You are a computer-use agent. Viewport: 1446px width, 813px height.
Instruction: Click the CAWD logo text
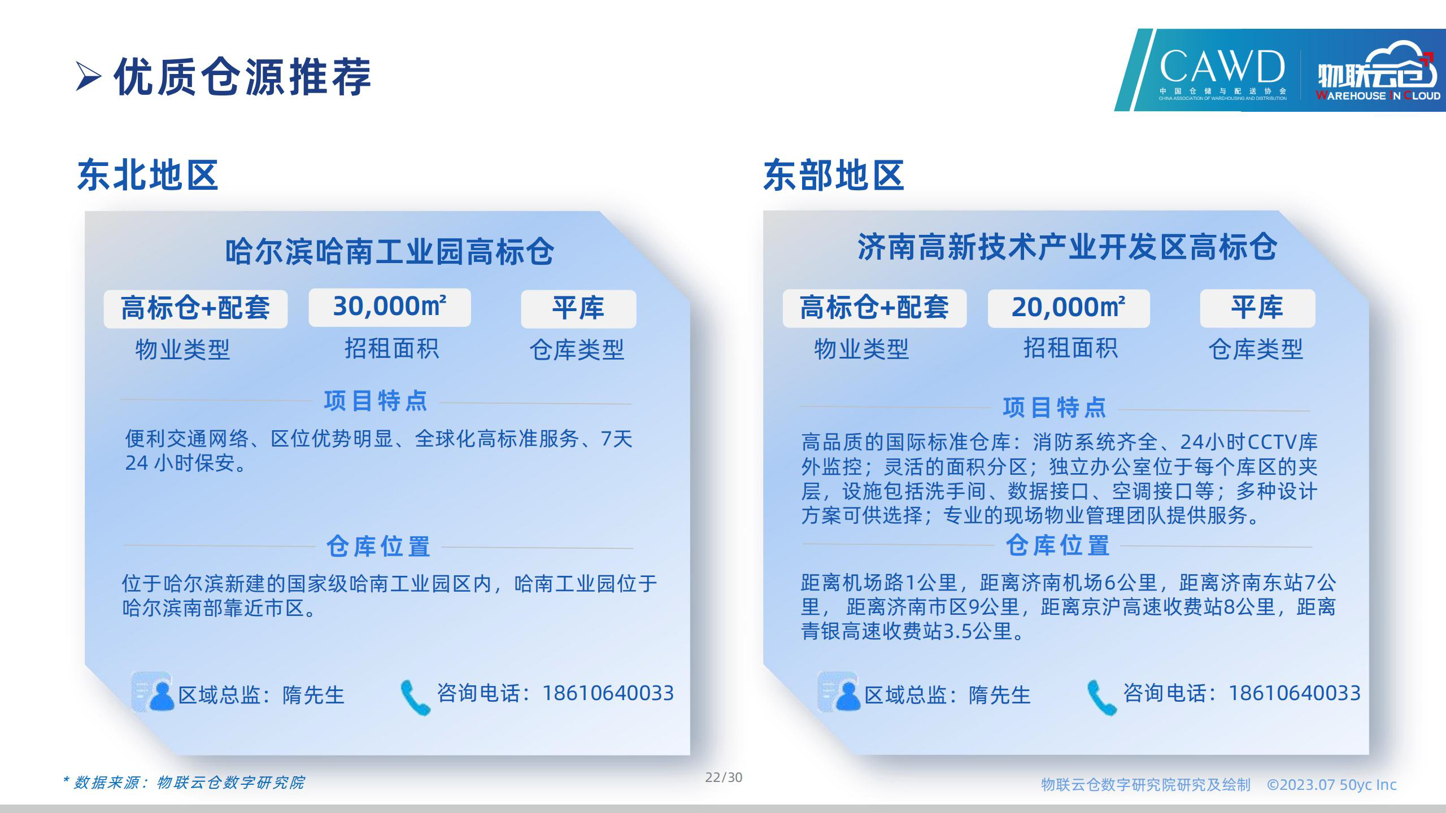(1222, 67)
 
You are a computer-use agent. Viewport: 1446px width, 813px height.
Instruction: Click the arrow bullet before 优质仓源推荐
(89, 77)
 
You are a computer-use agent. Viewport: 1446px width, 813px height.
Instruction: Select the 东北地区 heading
(148, 175)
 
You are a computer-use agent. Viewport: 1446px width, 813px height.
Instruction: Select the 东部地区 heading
(834, 175)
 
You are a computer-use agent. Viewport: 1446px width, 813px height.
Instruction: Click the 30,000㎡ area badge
(390, 307)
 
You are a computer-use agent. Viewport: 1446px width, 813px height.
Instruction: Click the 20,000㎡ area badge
(1069, 308)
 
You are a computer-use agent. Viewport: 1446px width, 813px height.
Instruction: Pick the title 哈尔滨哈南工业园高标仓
(390, 252)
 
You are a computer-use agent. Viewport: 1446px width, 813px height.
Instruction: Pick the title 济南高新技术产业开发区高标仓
(1067, 247)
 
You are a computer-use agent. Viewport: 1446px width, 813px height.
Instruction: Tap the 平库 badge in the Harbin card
(578, 309)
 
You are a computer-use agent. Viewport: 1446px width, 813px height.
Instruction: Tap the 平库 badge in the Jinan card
(1257, 308)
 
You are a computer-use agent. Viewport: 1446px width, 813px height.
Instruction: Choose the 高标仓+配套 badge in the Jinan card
(874, 308)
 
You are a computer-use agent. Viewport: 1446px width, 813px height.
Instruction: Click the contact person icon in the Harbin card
(153, 692)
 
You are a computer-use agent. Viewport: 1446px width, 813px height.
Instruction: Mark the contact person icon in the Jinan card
(839, 692)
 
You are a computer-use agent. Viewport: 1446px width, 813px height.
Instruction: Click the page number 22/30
(724, 778)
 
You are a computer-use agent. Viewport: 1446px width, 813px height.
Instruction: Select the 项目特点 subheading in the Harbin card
(376, 401)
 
